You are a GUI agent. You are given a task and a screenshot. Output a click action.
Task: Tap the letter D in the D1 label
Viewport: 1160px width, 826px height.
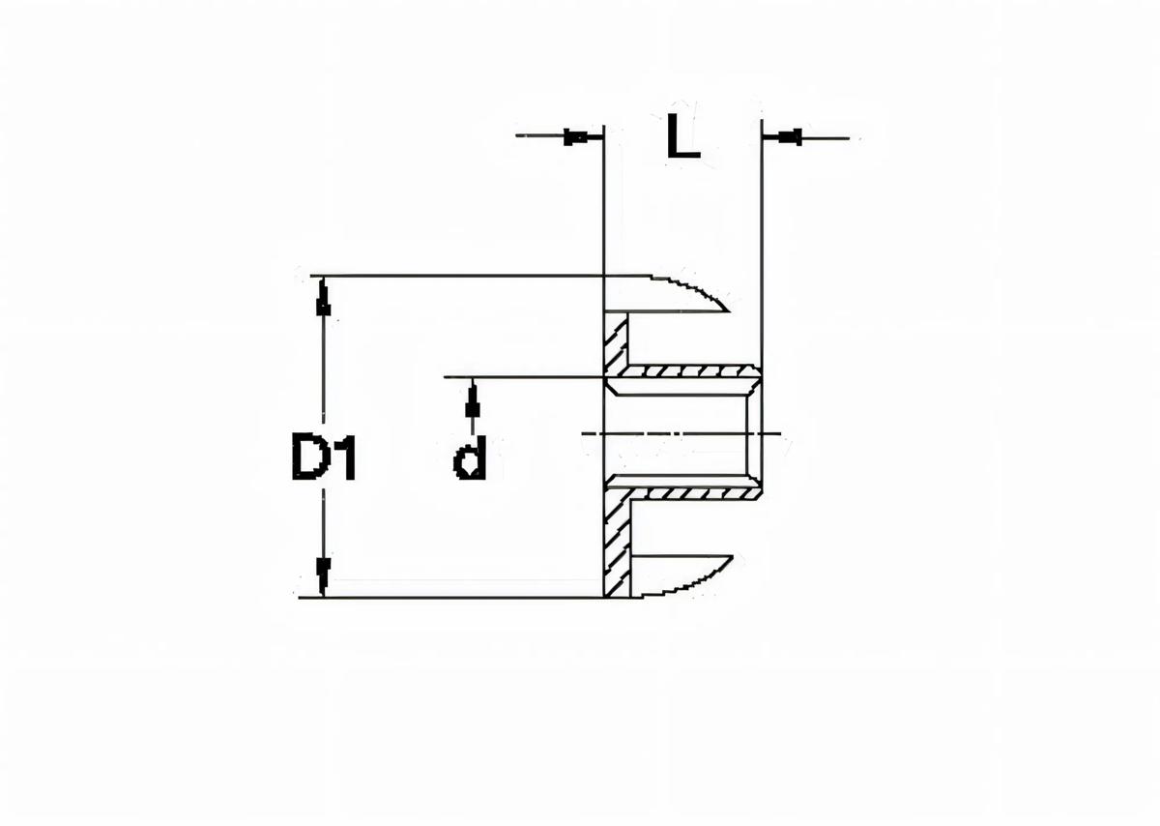click(308, 458)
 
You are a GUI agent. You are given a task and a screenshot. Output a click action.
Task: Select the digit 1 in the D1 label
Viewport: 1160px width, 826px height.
click(343, 458)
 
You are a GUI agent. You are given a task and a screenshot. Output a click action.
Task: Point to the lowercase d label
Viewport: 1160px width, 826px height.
click(470, 458)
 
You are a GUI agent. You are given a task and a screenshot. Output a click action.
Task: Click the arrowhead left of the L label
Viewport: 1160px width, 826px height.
click(576, 136)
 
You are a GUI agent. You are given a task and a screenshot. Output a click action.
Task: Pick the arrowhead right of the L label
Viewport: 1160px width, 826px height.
click(790, 136)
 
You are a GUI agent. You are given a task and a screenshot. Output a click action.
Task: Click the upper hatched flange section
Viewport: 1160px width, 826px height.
click(615, 343)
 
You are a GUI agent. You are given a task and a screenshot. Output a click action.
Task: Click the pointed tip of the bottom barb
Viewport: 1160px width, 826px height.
click(732, 559)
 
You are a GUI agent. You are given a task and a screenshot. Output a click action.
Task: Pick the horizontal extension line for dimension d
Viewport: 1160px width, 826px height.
click(522, 376)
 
